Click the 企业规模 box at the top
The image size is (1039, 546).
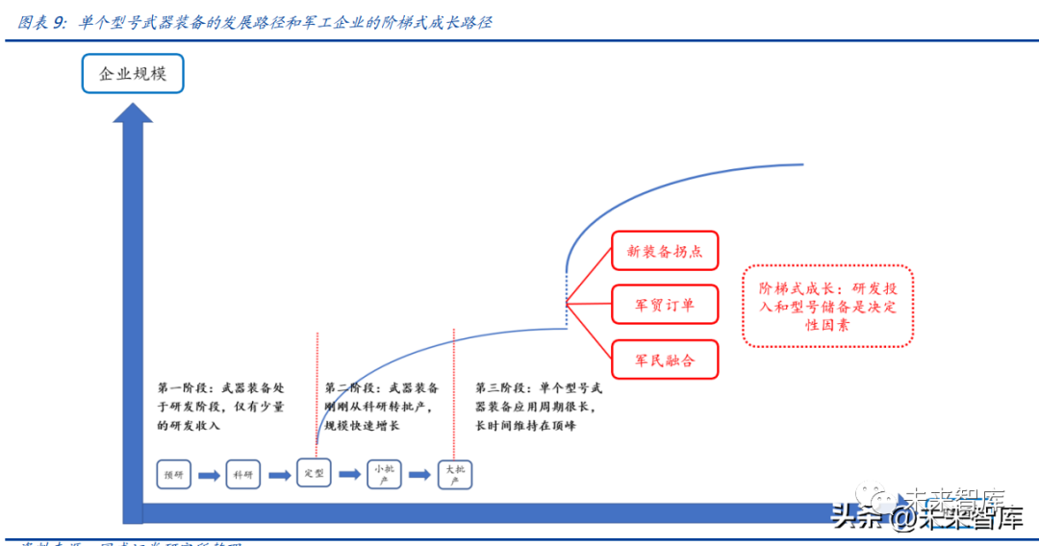pos(132,73)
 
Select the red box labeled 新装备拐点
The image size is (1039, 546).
pos(665,251)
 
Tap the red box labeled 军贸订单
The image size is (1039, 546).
pos(665,306)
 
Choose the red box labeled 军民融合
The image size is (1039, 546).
pos(665,360)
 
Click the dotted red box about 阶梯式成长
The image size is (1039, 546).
pos(827,307)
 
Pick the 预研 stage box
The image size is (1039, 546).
pos(174,474)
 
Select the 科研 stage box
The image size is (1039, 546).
pos(243,474)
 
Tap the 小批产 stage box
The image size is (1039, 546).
pos(384,474)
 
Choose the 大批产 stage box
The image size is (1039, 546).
pos(454,474)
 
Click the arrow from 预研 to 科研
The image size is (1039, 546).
pos(209,474)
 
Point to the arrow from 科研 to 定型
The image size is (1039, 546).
pos(279,474)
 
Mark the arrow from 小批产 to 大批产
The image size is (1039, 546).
pos(418,474)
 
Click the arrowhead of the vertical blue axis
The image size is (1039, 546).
pos(133,112)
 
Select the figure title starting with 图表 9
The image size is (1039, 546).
pos(255,22)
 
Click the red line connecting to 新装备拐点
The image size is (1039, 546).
pos(589,279)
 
